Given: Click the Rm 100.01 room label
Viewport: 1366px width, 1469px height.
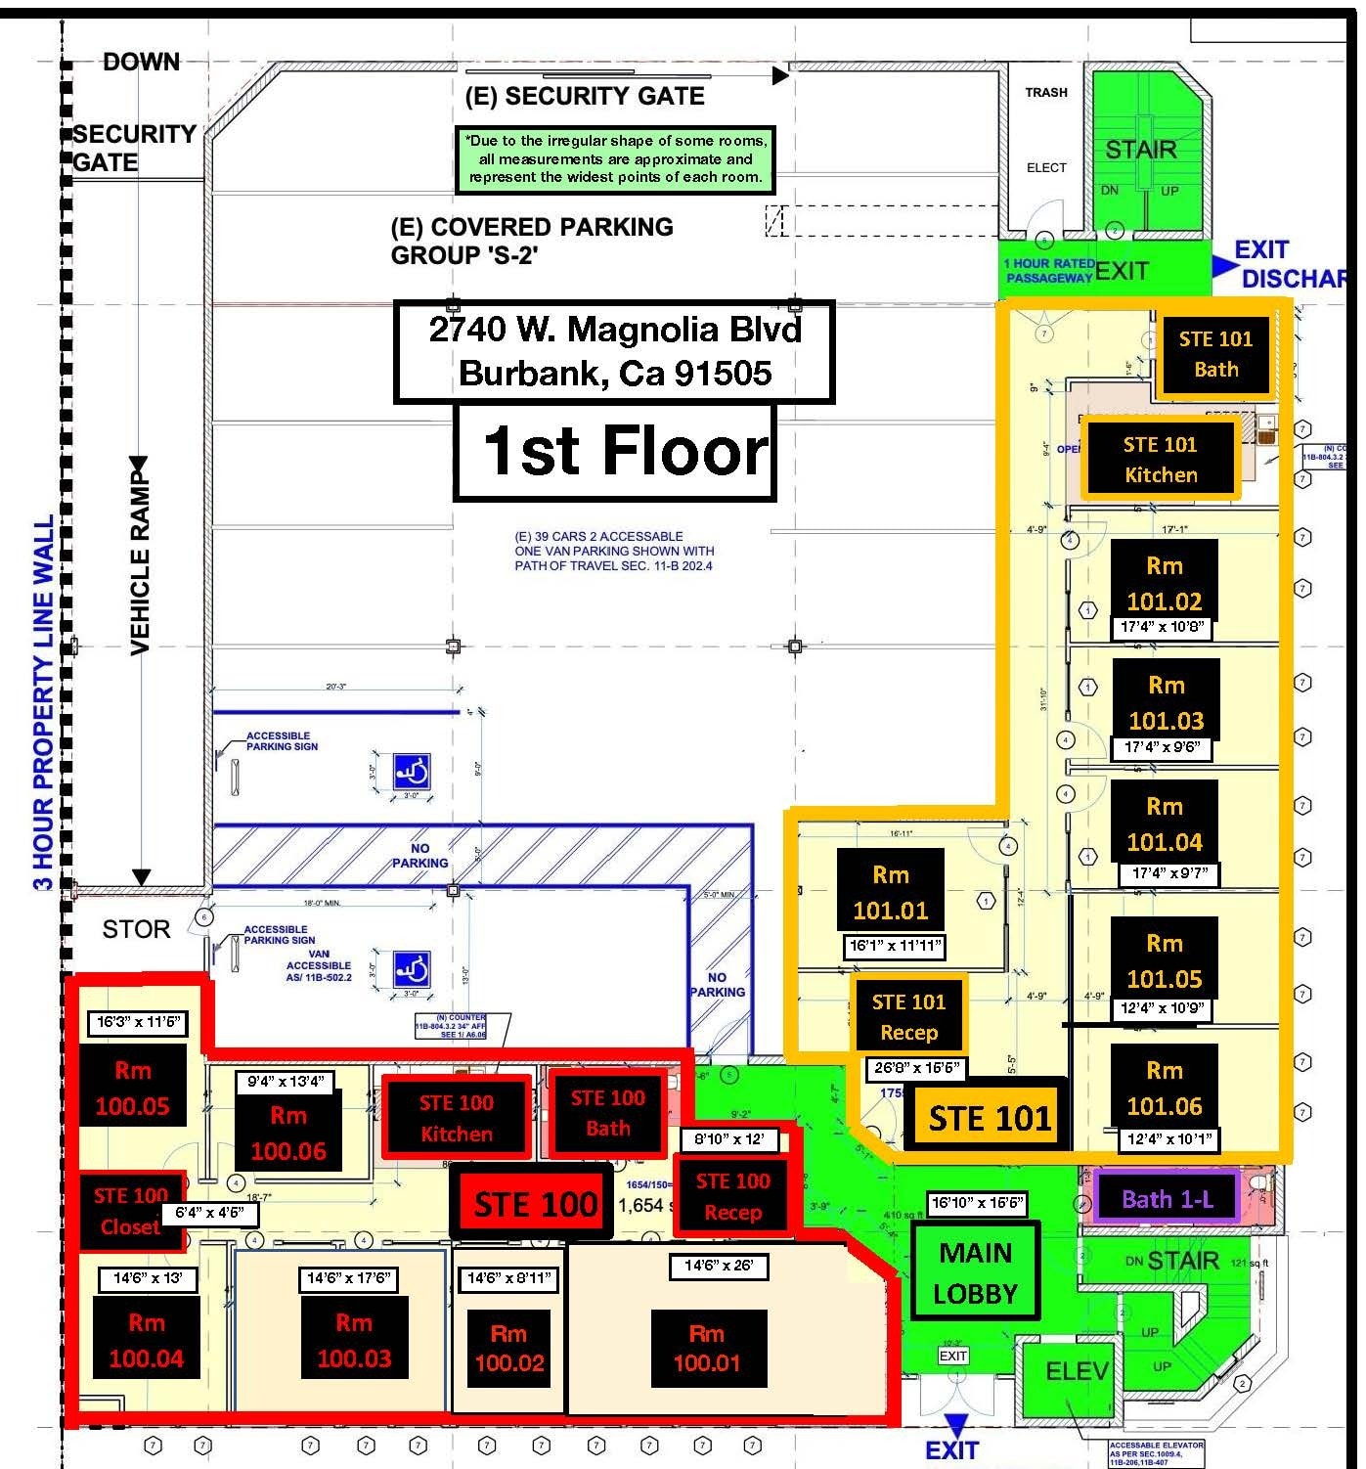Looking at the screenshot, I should coord(707,1349).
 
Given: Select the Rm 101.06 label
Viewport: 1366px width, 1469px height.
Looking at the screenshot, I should coord(1164,1089).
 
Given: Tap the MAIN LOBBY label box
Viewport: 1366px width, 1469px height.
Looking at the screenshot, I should coord(975,1272).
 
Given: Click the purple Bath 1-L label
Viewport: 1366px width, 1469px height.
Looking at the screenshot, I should coord(1167,1198).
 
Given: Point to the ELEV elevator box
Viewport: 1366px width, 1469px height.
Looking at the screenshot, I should coord(1077,1372).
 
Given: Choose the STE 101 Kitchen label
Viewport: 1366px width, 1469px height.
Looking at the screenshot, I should coord(1160,460).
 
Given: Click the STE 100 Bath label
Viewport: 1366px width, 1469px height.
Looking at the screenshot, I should coord(607,1113).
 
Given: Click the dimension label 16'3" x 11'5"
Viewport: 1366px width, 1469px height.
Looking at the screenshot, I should coord(138,1022).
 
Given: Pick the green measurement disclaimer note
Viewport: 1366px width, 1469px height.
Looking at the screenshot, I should coord(615,158).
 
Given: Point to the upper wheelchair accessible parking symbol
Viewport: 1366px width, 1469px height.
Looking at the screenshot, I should coord(412,773).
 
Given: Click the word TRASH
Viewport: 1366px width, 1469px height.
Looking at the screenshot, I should coord(1045,92).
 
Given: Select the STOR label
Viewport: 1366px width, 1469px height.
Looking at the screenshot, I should coord(136,929).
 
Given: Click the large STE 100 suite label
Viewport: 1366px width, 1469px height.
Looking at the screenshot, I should coord(534,1205).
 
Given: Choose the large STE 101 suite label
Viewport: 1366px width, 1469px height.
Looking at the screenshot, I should coord(989,1117).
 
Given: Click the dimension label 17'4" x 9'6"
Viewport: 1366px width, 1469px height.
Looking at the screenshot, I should coord(1162,747).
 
